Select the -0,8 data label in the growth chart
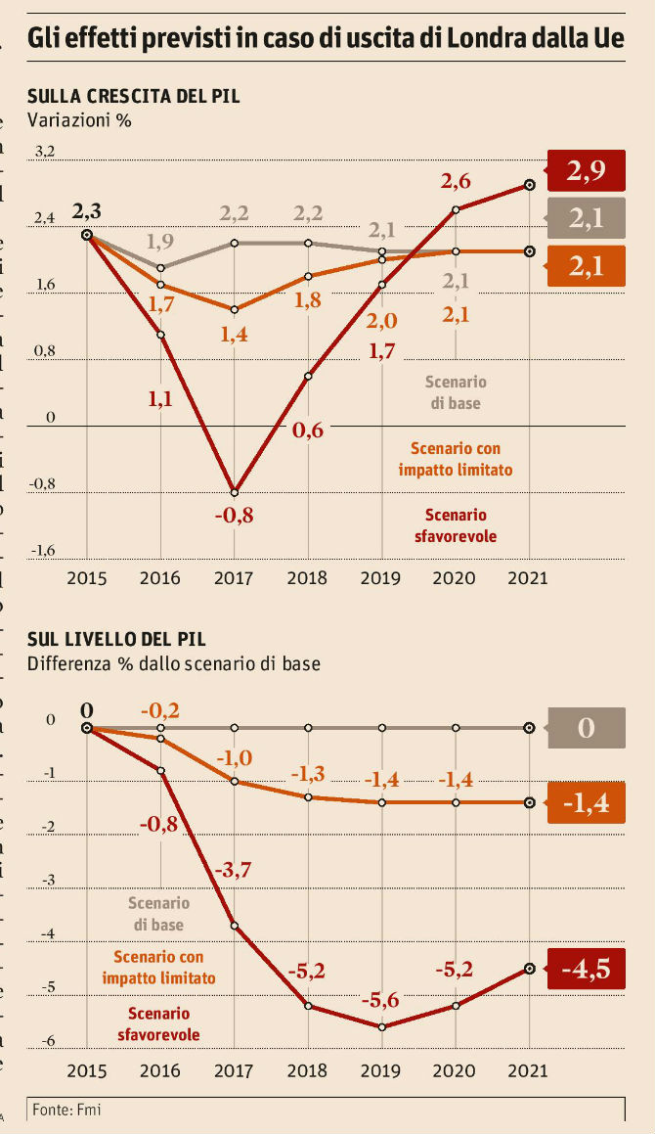(x=235, y=516)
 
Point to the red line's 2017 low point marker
(x=235, y=491)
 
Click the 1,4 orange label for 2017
(x=234, y=336)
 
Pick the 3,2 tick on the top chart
(x=45, y=152)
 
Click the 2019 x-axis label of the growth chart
(x=380, y=577)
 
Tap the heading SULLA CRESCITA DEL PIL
(x=134, y=96)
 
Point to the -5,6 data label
(x=381, y=1001)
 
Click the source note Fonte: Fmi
(x=66, y=1110)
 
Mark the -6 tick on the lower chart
(x=48, y=1042)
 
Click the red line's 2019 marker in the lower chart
(x=381, y=1026)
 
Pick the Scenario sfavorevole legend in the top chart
(x=455, y=525)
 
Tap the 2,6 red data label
(x=456, y=180)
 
